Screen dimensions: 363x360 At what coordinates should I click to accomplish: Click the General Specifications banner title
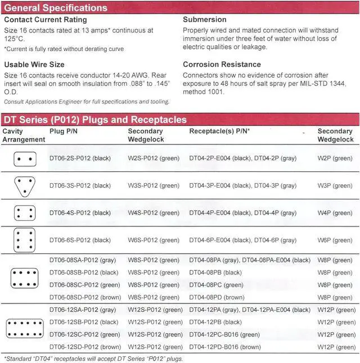click(x=55, y=8)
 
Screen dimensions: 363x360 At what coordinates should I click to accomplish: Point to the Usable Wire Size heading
click(x=34, y=65)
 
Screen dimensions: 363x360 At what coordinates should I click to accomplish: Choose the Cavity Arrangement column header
click(x=24, y=135)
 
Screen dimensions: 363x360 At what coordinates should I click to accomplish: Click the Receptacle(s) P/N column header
click(x=219, y=131)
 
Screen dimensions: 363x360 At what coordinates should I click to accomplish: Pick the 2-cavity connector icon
click(x=25, y=158)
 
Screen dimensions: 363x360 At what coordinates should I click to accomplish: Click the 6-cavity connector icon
click(x=25, y=240)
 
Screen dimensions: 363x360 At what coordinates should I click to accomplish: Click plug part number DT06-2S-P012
click(x=80, y=158)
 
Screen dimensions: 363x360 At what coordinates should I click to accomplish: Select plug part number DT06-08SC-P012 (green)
click(x=84, y=285)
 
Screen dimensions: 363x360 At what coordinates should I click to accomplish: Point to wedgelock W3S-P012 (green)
click(x=153, y=185)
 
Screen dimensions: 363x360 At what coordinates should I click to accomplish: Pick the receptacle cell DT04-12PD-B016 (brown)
click(x=225, y=347)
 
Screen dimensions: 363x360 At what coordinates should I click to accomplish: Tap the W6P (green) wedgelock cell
click(x=335, y=241)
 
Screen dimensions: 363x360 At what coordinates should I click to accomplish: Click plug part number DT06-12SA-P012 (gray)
click(x=83, y=310)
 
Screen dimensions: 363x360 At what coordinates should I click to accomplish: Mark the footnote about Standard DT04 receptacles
click(x=93, y=359)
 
